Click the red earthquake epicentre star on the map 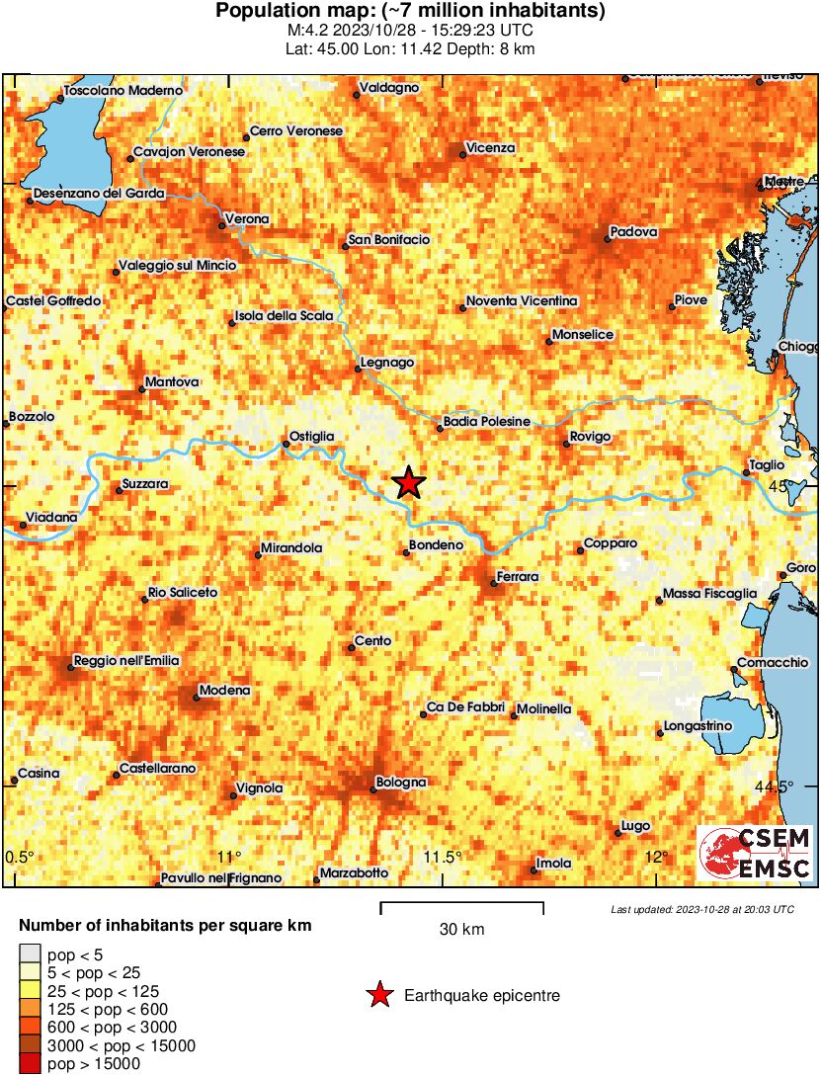[x=408, y=483]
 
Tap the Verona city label [x=247, y=219]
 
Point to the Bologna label [x=401, y=783]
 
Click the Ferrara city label [x=518, y=576]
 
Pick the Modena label [x=224, y=691]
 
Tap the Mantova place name [x=172, y=381]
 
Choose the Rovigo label [x=591, y=437]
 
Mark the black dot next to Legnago [x=358, y=370]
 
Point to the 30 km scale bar [x=461, y=907]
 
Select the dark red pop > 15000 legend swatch [x=31, y=1064]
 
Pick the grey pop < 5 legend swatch [x=31, y=953]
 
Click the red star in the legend [x=379, y=996]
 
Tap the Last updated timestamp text [x=702, y=909]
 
